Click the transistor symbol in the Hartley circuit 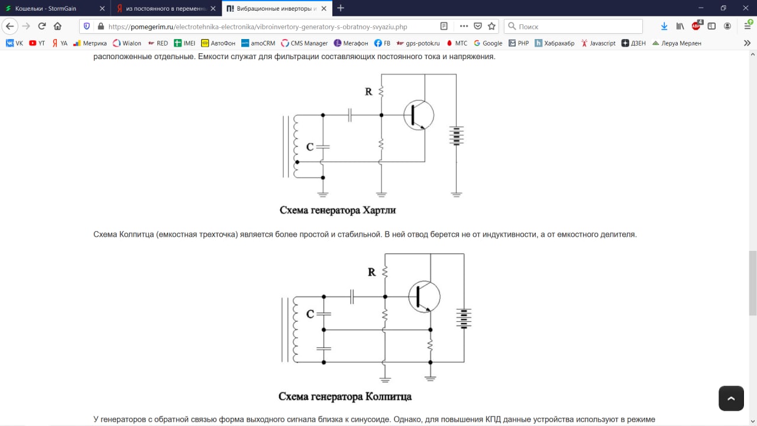[x=419, y=115]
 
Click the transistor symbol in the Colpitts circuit [x=424, y=296]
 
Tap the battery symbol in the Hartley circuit [x=455, y=135]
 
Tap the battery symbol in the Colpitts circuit [x=464, y=318]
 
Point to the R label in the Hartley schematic [x=368, y=92]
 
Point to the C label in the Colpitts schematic [x=310, y=314]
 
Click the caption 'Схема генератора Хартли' [x=338, y=210]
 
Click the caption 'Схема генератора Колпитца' [x=345, y=396]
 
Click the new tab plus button [x=341, y=8]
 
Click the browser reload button [x=42, y=26]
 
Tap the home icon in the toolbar [x=57, y=26]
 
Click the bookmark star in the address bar [x=491, y=26]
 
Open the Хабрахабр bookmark [x=554, y=43]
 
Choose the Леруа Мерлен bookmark [x=677, y=43]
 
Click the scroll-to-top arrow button [x=731, y=398]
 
